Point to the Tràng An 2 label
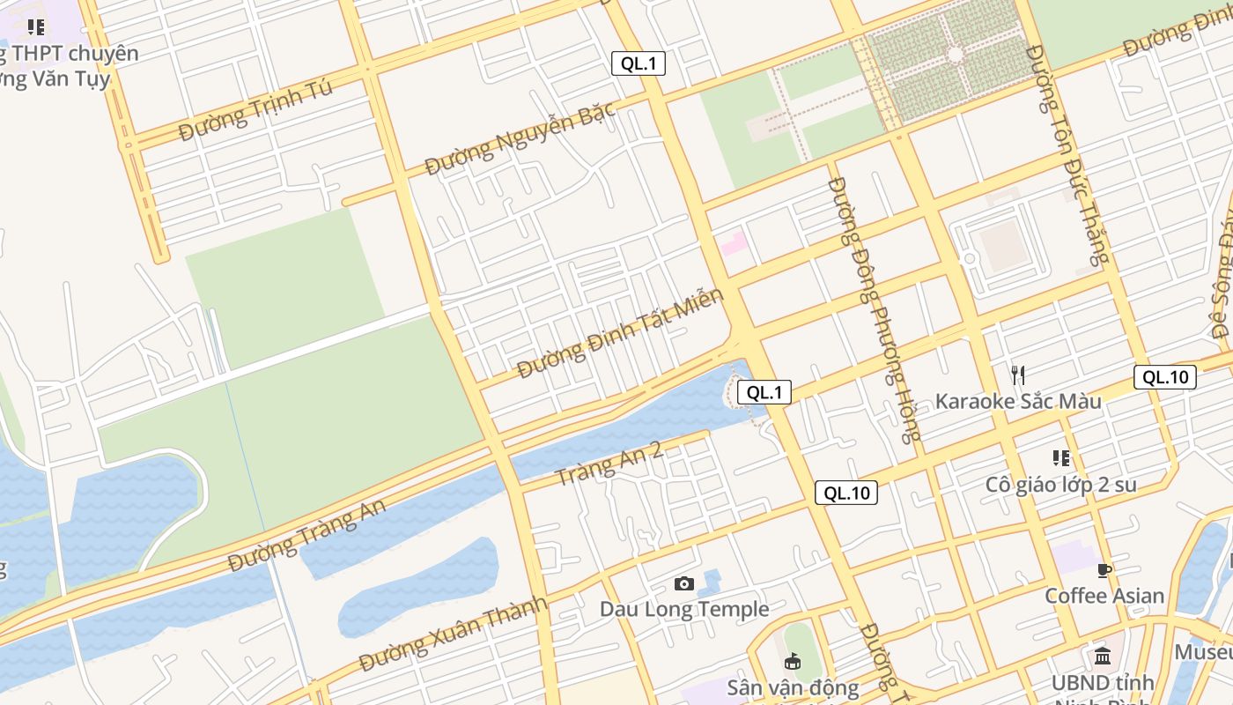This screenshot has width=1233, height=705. tap(609, 464)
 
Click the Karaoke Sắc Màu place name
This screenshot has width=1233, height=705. tap(1018, 402)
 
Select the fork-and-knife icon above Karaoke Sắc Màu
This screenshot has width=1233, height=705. tap(1018, 375)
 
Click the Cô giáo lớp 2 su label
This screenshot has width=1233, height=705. tap(1060, 485)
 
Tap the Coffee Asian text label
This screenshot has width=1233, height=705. tap(1104, 596)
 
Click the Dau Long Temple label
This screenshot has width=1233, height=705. tap(684, 609)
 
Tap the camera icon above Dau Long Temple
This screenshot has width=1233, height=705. tap(684, 583)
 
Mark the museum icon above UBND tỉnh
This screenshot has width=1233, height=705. tap(1102, 657)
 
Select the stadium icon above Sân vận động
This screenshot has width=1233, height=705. tap(793, 661)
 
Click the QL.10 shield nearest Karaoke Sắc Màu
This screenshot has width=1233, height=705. tap(1164, 377)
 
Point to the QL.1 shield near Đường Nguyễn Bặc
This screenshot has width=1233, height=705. tap(639, 63)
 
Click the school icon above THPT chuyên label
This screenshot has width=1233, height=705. tap(35, 27)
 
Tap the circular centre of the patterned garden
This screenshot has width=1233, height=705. tap(956, 55)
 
